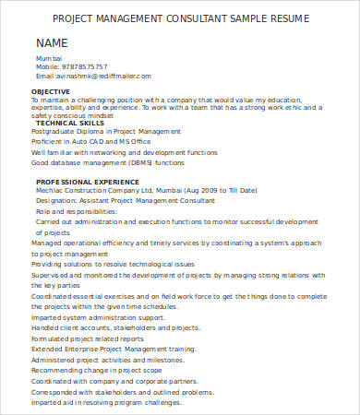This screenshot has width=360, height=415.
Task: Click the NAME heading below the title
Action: click(x=52, y=43)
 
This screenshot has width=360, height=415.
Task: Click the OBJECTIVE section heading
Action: click(x=50, y=92)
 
